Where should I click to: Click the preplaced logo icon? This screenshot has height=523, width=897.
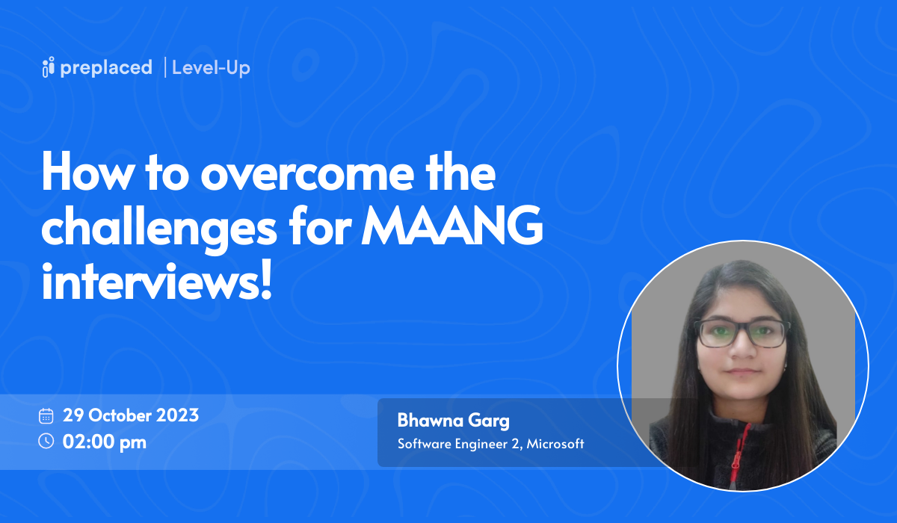point(49,67)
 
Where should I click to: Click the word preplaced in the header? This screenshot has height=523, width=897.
point(107,68)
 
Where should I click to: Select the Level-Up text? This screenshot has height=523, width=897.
point(211,68)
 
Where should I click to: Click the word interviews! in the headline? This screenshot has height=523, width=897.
point(155,284)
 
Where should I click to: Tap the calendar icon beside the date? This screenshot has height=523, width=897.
point(46,415)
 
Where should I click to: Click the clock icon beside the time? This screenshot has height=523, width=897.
point(46,441)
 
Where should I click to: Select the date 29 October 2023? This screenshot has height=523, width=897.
point(131,415)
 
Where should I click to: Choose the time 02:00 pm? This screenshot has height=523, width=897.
point(105,442)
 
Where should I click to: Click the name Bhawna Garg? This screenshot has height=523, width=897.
point(453,421)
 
